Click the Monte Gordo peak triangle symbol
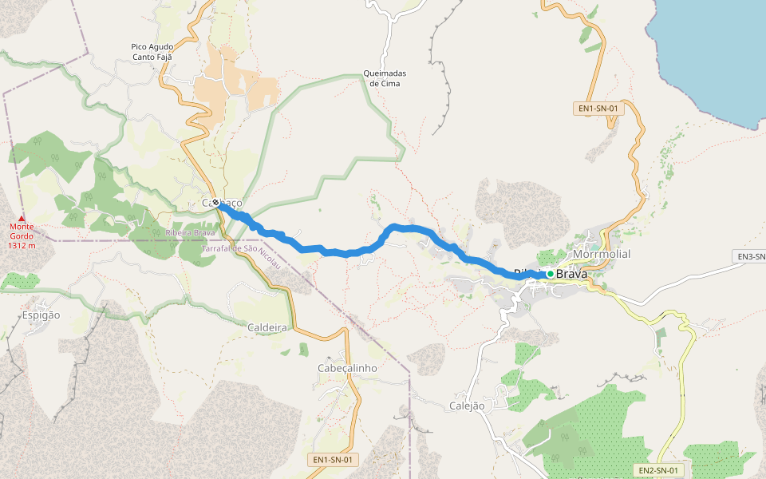[x=22, y=218]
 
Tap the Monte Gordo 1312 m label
[x=22, y=236]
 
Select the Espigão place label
[x=41, y=315]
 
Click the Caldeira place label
[x=267, y=327]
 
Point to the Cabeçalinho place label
[x=347, y=367]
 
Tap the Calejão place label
[x=468, y=406]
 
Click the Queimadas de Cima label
[x=385, y=78]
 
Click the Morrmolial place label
[x=602, y=254]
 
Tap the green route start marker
[x=551, y=274]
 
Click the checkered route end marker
[x=215, y=203]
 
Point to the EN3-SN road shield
[x=749, y=256]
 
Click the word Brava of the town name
[x=571, y=274]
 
